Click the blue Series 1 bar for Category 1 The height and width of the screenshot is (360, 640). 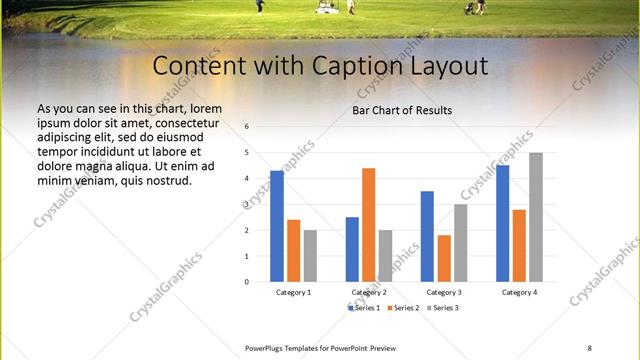click(277, 226)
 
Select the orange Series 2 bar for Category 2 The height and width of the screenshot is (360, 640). click(368, 225)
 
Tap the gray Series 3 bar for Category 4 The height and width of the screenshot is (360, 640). click(536, 217)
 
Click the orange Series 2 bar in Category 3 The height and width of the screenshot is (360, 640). click(443, 258)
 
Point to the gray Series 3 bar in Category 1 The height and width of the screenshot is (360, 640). click(310, 256)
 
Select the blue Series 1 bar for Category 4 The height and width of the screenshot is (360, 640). click(503, 223)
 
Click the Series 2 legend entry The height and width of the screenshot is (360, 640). click(404, 308)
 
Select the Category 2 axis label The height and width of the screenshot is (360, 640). click(369, 292)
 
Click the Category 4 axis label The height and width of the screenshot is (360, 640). click(519, 292)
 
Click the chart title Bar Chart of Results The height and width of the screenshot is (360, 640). click(403, 110)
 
